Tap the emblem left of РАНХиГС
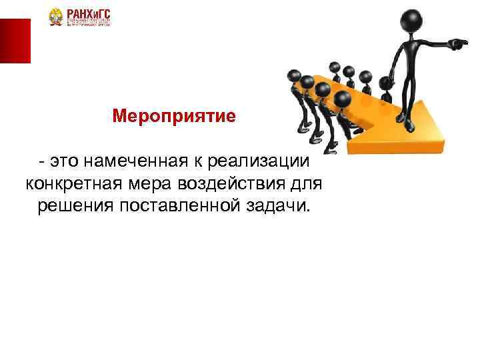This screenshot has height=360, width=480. [x=56, y=18]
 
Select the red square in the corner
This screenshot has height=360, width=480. [x=15, y=41]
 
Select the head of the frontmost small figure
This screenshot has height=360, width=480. [x=343, y=100]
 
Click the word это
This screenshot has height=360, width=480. [x=66, y=161]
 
